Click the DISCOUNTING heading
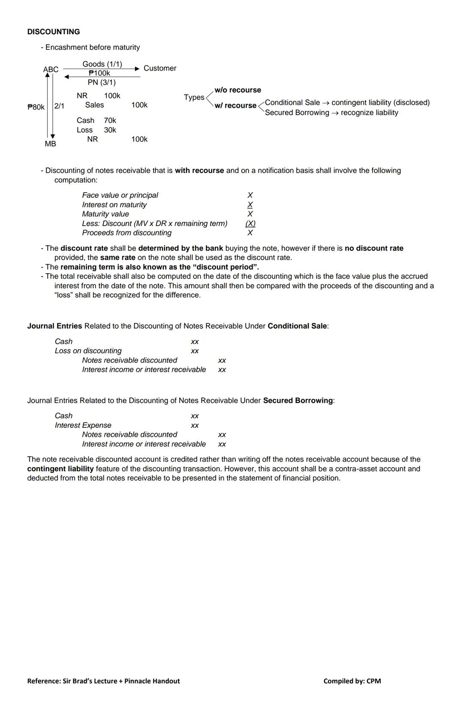pyautogui.click(x=53, y=32)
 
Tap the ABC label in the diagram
pyautogui.click(x=51, y=69)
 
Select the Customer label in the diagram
pyautogui.click(x=160, y=68)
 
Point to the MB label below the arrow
pyautogui.click(x=50, y=144)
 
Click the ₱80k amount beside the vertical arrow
pyautogui.click(x=36, y=107)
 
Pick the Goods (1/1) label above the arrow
pyautogui.click(x=102, y=64)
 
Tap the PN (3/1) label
pyautogui.click(x=102, y=82)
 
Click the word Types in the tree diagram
pyautogui.click(x=194, y=97)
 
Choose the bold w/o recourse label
pyautogui.click(x=238, y=90)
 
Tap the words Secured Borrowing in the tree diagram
pyautogui.click(x=297, y=113)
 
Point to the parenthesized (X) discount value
pyautogui.click(x=250, y=224)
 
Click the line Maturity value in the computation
pyautogui.click(x=105, y=214)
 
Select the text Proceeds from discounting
pyautogui.click(x=127, y=233)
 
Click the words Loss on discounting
pyautogui.click(x=88, y=351)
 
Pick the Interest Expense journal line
pyautogui.click(x=83, y=425)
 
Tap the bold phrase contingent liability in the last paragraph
pyautogui.click(x=60, y=469)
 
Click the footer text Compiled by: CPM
pyautogui.click(x=352, y=681)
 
